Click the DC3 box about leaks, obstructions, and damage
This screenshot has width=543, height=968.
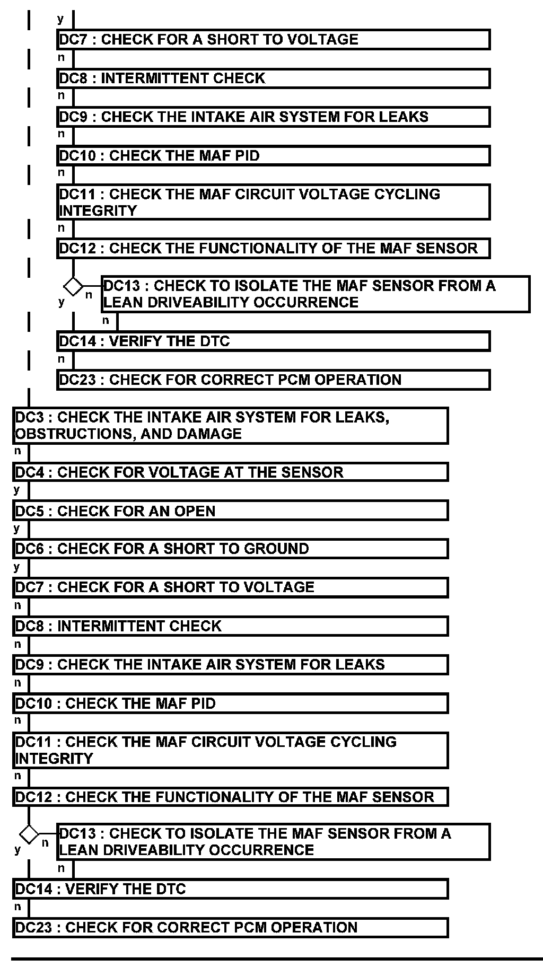(x=230, y=425)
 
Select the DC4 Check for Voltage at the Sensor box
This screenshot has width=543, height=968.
(x=230, y=472)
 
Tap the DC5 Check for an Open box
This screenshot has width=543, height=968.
(x=230, y=511)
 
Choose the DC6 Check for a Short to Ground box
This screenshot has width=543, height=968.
(x=230, y=548)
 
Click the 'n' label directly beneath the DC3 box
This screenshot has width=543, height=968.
(x=17, y=451)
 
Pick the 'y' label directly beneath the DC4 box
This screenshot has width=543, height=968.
(x=17, y=489)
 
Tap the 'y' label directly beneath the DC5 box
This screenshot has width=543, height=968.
(x=17, y=528)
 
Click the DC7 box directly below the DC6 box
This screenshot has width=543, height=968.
(x=230, y=587)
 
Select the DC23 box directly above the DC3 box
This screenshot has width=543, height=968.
(x=273, y=380)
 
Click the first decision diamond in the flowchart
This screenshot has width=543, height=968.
(x=73, y=287)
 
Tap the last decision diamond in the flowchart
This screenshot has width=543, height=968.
(x=29, y=834)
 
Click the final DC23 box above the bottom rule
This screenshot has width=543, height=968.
(x=230, y=927)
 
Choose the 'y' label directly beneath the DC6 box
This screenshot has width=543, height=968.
(x=17, y=567)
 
